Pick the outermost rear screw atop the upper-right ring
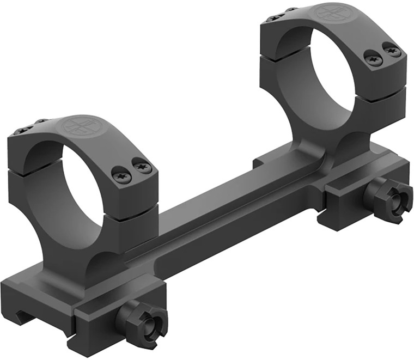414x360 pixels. (270, 18)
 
